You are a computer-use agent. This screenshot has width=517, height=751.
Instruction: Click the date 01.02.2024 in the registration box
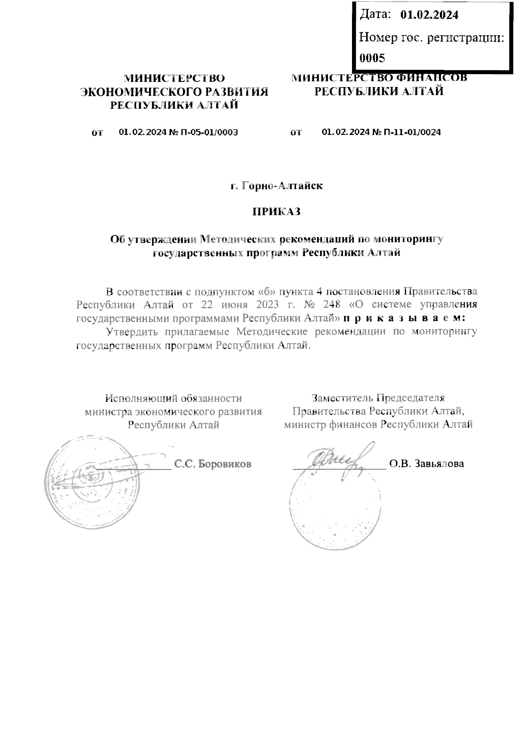click(429, 15)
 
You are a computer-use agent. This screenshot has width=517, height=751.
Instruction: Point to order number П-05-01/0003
click(209, 132)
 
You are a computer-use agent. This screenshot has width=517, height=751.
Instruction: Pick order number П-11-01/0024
click(412, 132)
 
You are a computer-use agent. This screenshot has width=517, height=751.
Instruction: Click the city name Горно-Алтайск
click(282, 186)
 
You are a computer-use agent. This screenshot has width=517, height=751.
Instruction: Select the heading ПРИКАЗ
click(276, 212)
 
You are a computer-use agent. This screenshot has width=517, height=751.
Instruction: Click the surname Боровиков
click(225, 464)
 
